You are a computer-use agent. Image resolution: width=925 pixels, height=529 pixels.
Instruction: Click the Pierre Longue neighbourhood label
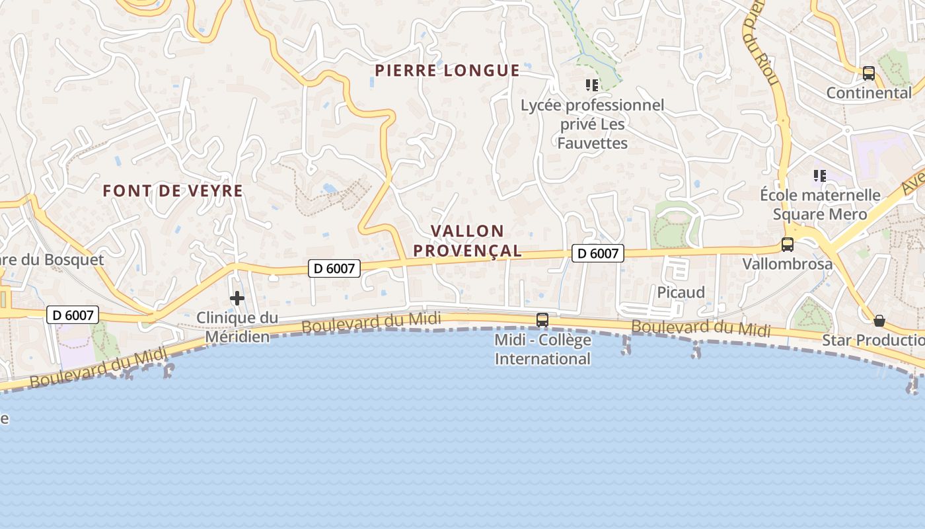[x=447, y=71]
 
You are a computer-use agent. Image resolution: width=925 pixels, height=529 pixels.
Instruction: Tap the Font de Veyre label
[x=173, y=191]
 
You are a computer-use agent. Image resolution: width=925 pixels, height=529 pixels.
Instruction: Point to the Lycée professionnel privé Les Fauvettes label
[x=592, y=124]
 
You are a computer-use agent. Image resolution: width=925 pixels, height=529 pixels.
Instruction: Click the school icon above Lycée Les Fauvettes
[x=591, y=85]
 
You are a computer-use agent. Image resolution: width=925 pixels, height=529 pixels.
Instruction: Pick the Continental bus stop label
[x=869, y=93]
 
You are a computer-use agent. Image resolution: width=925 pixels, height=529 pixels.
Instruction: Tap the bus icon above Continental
[x=869, y=73]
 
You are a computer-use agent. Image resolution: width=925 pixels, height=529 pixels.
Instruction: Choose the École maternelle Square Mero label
[x=820, y=204]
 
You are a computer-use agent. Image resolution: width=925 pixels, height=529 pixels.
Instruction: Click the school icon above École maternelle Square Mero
[x=820, y=176]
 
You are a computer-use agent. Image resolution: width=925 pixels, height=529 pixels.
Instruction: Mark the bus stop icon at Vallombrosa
[x=788, y=245]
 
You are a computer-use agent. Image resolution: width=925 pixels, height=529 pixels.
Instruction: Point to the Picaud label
[x=681, y=292]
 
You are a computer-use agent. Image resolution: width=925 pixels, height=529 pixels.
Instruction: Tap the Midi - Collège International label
[x=542, y=349]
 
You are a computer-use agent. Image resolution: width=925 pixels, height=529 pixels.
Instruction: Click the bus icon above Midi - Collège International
[x=542, y=320]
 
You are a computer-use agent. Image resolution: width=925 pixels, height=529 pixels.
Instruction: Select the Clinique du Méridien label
[x=237, y=327]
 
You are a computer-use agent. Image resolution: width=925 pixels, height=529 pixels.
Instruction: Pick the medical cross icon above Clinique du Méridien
[x=237, y=298]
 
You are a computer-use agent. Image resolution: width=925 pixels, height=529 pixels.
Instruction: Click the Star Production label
[x=873, y=341]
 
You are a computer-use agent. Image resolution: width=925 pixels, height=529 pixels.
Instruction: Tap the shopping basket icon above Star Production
[x=879, y=321]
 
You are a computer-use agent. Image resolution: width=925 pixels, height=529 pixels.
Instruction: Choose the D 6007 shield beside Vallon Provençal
[x=598, y=253]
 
